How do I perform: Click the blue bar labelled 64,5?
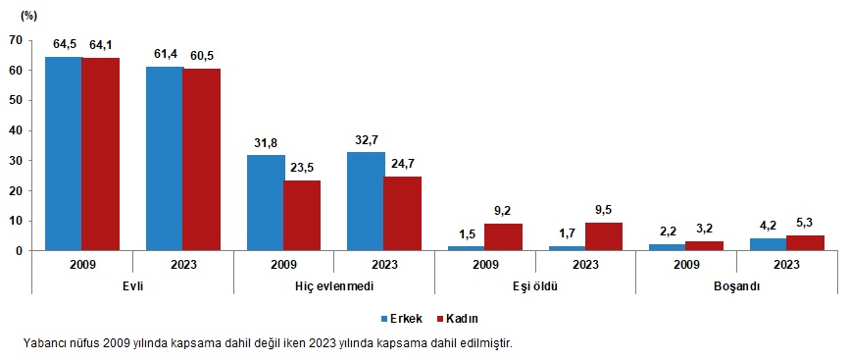click(64, 153)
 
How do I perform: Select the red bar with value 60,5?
click(202, 159)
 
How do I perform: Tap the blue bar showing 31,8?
click(266, 202)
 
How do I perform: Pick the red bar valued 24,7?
click(403, 213)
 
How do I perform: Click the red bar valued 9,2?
click(503, 236)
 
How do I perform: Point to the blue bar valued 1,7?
click(566, 247)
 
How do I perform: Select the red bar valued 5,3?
click(806, 242)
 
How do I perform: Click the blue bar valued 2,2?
click(667, 246)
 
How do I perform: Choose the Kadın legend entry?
click(460, 319)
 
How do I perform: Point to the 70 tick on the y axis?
click(16, 40)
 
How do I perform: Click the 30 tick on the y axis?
click(16, 160)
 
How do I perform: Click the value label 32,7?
click(366, 138)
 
